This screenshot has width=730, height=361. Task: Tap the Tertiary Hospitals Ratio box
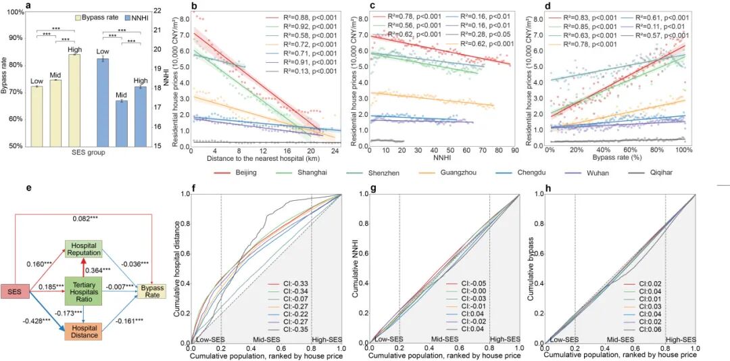pos(84,290)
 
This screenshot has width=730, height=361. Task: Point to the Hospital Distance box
pos(84,331)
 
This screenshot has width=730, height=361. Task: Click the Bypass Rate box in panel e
pos(153,291)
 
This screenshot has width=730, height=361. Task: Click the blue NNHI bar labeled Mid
pos(121,122)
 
